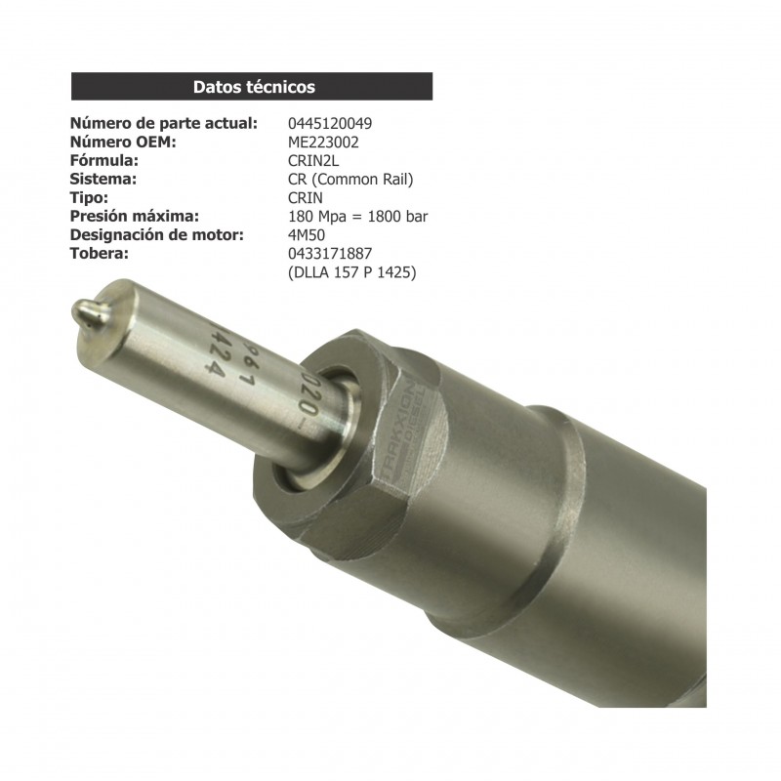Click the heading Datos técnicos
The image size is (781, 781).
coord(254,87)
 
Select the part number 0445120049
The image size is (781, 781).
coord(329,124)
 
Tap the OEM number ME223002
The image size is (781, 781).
coord(323,143)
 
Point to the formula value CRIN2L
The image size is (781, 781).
coord(314,161)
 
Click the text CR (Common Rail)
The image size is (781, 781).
coord(350,180)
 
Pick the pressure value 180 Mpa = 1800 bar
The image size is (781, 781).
coord(358,217)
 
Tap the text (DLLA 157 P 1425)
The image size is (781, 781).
coord(351,272)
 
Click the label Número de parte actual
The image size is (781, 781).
coord(164,124)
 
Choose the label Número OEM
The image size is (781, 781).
coord(122,143)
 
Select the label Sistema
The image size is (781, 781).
coord(103,180)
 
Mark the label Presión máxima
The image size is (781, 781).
coord(135,217)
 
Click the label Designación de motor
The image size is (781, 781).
coord(156,235)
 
